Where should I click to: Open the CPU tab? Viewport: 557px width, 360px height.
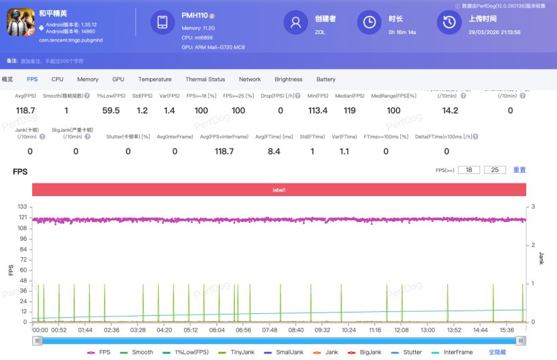tap(58, 79)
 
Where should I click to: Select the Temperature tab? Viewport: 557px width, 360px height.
tap(155, 79)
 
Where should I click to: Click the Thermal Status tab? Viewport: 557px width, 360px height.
tap(206, 79)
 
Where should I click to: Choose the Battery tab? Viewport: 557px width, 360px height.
tap(326, 79)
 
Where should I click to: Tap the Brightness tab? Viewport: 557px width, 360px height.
tap(289, 79)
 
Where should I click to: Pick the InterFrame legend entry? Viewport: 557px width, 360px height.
tap(459, 352)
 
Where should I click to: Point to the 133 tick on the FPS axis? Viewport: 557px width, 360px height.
tap(22, 207)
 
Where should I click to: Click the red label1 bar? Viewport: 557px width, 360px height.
tap(279, 190)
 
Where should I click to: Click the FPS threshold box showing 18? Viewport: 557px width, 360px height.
tap(469, 170)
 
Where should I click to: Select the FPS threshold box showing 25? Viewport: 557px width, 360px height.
tap(495, 170)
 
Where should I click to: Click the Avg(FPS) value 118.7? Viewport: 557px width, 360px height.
tap(25, 110)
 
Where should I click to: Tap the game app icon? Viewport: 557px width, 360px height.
tap(20, 22)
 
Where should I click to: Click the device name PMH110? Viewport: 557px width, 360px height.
tap(194, 15)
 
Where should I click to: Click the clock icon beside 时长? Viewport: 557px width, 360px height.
tap(369, 22)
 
